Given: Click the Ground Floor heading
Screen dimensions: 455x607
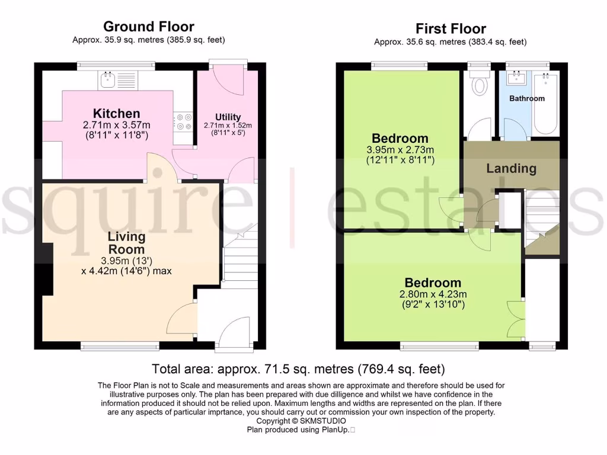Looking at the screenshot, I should [x=148, y=26].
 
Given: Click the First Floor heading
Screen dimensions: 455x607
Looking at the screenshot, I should [x=451, y=28].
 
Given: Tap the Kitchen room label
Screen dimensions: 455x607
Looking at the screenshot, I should [x=116, y=113].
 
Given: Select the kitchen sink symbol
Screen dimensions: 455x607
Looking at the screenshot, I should [x=108, y=79].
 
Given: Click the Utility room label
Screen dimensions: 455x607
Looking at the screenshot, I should [x=228, y=117].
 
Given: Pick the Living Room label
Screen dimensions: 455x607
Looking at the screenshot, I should [x=126, y=243].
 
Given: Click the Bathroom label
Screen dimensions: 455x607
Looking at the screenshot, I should [x=526, y=98].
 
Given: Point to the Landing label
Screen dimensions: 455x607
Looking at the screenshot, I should [x=511, y=168].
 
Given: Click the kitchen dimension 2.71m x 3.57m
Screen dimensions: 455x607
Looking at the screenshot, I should [x=116, y=125].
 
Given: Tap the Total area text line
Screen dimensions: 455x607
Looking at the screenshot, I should [x=298, y=369].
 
